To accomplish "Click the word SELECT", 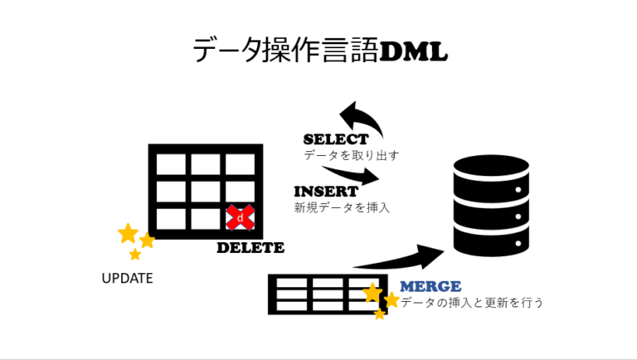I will [335, 139].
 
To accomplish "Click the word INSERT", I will [326, 192].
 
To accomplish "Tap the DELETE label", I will [250, 247].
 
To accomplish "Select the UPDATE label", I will [127, 279].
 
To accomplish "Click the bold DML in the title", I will [413, 51].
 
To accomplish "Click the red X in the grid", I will [241, 218].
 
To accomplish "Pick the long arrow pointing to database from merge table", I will [399, 258].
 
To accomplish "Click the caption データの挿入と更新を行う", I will [472, 303].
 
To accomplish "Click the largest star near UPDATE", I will [128, 233].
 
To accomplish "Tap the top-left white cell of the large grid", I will [171, 165].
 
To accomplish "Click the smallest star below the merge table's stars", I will [379, 314].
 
